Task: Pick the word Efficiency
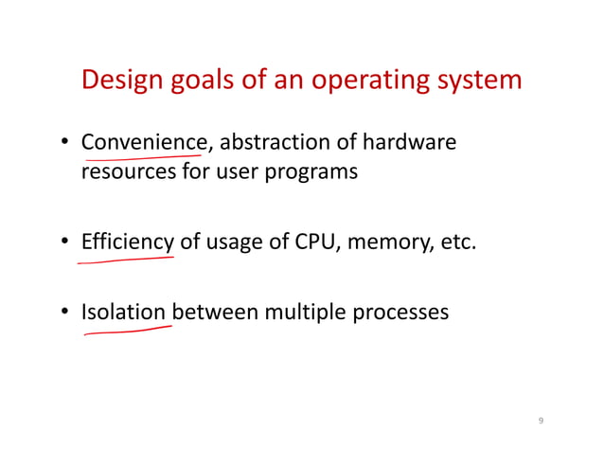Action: click(128, 243)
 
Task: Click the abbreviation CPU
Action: click(317, 242)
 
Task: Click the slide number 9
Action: click(541, 422)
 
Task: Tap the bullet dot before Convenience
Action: click(67, 145)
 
